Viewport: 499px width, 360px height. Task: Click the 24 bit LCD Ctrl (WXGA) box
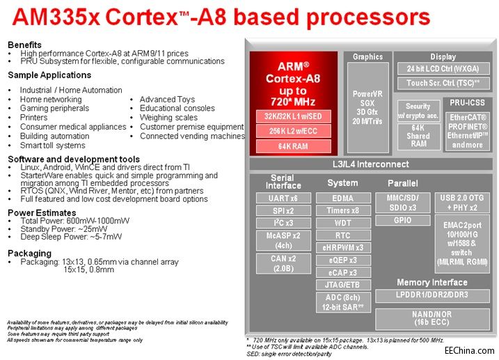tap(443, 68)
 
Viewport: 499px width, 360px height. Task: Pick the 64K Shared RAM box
tap(418, 136)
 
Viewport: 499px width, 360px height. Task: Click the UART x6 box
tap(283, 198)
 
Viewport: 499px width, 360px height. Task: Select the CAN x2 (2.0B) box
tap(283, 263)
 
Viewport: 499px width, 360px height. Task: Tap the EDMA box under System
tap(342, 198)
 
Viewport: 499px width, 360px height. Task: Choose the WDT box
tap(342, 223)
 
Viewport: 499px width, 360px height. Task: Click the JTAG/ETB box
tap(342, 285)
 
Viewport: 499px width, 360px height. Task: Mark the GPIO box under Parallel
tap(402, 220)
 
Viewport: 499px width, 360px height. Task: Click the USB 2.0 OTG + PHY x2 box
tap(462, 203)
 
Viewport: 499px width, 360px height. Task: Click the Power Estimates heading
tap(42, 212)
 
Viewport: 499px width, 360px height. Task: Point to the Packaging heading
tap(30, 253)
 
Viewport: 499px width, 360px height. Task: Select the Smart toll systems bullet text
tap(52, 146)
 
